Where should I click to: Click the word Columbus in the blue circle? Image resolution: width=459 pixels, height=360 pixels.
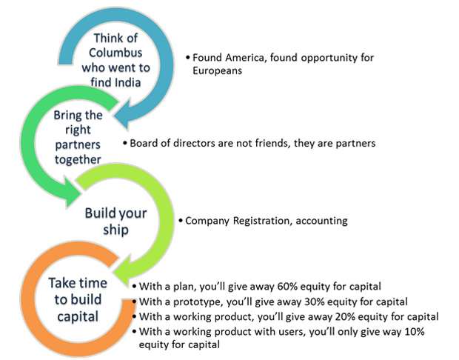tap(115, 53)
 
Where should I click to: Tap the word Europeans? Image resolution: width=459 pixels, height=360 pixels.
tap(217, 71)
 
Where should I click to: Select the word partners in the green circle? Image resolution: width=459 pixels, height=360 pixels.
tap(78, 144)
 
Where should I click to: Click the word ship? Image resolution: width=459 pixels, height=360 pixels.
tap(115, 230)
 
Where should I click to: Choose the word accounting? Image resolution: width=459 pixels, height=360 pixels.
tap(322, 221)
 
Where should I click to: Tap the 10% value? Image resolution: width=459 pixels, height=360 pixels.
tap(415, 332)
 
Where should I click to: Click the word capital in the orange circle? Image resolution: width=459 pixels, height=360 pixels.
tap(78, 317)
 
